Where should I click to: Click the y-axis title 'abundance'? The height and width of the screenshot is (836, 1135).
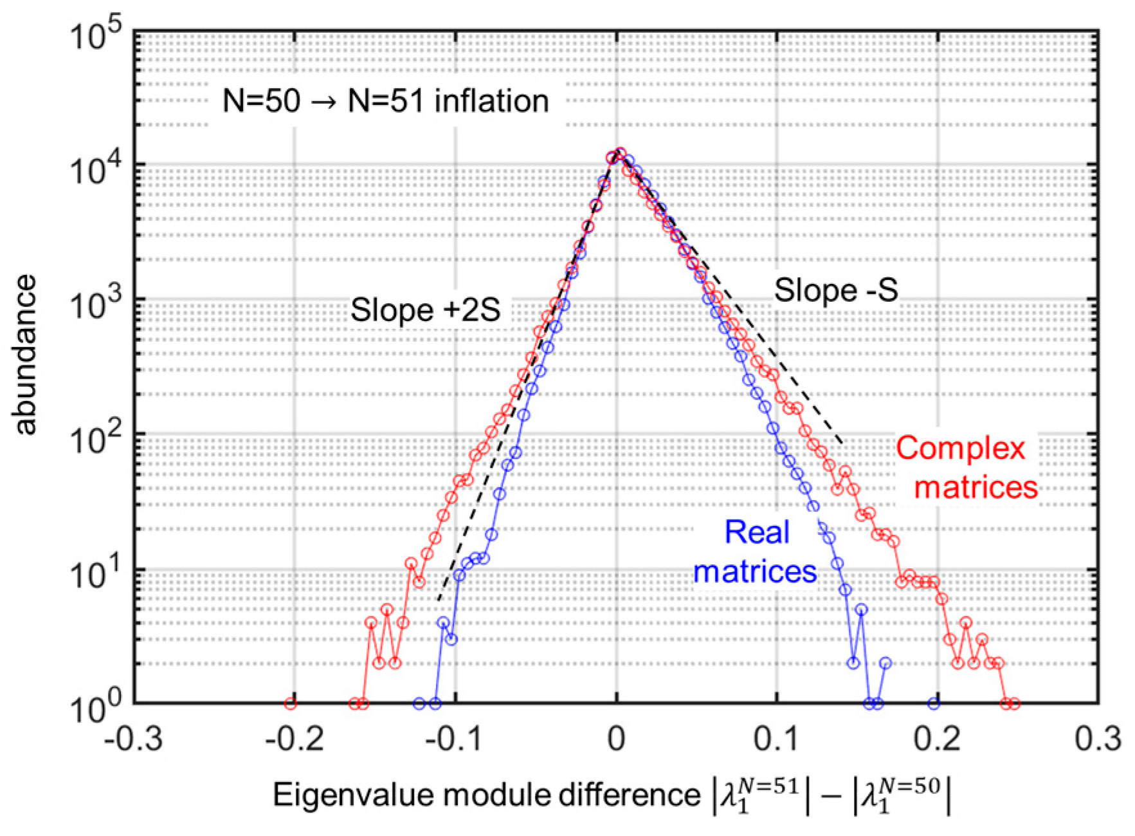pos(26,355)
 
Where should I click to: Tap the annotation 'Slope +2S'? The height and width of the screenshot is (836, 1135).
pos(425,310)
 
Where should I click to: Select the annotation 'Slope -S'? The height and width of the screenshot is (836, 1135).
pos(835,290)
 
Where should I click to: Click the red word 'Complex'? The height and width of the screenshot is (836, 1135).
pos(960,449)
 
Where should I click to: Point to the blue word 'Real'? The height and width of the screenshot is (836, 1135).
pos(756,532)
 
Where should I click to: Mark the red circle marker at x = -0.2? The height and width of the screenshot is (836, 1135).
pos(291,703)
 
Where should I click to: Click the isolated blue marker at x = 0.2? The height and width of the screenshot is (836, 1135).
pos(934,703)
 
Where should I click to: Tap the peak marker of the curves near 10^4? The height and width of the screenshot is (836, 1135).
pos(620,153)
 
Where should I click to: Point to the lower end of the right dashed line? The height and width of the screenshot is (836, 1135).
pos(843,444)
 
